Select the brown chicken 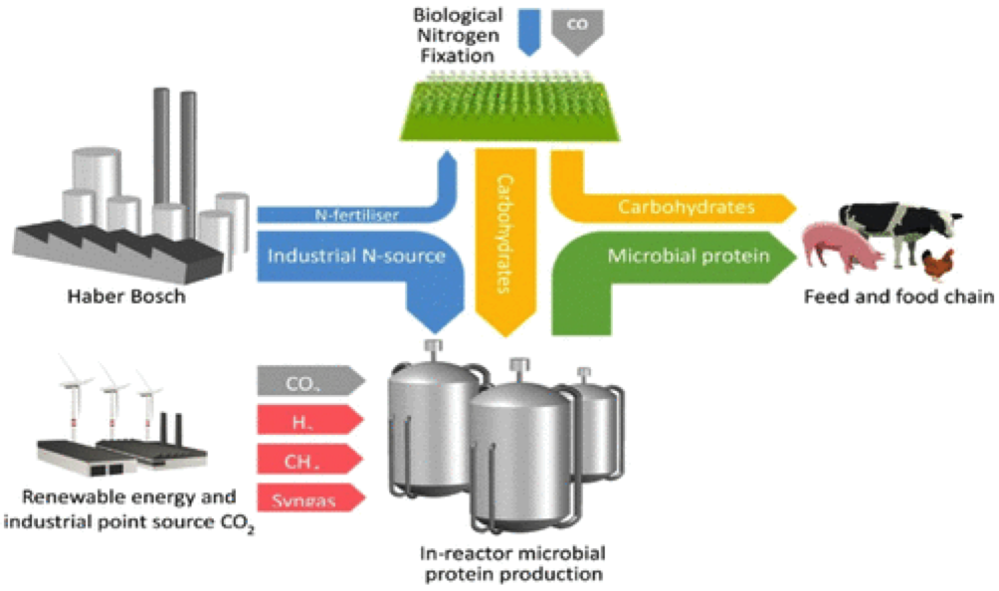tap(937, 265)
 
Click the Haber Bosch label tap(125, 296)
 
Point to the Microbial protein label tap(689, 256)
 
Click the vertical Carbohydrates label tap(505, 232)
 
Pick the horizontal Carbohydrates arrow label tap(687, 207)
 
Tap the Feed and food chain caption tap(898, 296)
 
